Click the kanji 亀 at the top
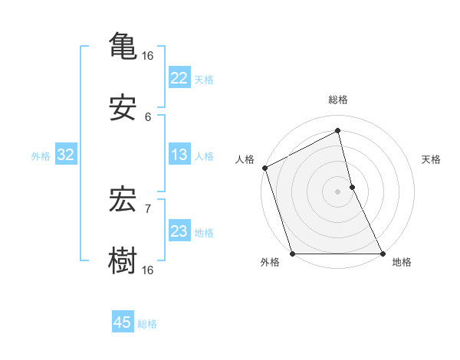[x=123, y=44]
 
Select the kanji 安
[x=123, y=108]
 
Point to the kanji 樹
[x=123, y=260]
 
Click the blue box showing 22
[x=179, y=78]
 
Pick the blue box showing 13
[x=179, y=155]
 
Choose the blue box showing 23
[x=179, y=232]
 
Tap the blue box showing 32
[x=65, y=155]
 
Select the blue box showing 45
[x=123, y=322]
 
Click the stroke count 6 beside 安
[x=148, y=117]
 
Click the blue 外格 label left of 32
[x=41, y=156]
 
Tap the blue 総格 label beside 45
[x=147, y=324]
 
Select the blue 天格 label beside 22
[x=204, y=79]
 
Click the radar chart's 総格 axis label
[x=338, y=100]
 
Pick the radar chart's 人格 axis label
[x=245, y=159]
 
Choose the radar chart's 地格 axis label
[x=402, y=262]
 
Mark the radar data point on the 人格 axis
[x=265, y=168]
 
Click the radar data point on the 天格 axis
[x=352, y=187]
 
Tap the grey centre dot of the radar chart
[x=338, y=191]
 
